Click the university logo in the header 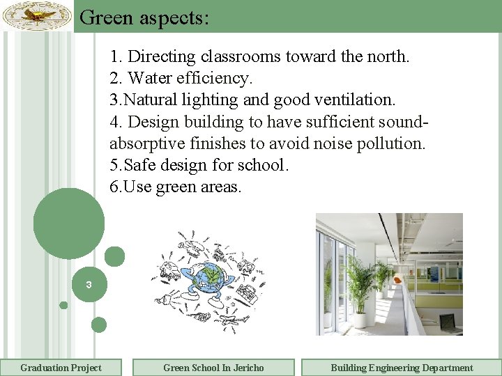point(37,15)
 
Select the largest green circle point(69,224)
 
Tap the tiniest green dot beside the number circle point(63,305)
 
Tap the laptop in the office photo point(447,322)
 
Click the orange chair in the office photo point(397,280)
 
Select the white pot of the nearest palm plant point(359,320)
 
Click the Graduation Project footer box point(61,368)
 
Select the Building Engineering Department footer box point(401,368)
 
